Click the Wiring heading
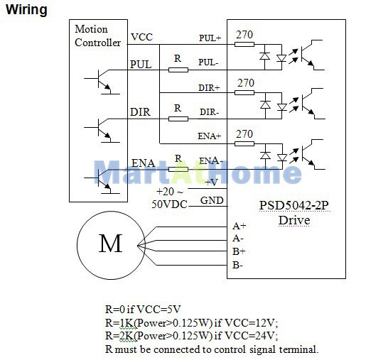(26, 10)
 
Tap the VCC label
(141, 37)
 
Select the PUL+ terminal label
(210, 38)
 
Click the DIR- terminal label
(209, 112)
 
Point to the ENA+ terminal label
(210, 136)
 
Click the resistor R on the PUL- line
(178, 70)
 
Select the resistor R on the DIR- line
(178, 119)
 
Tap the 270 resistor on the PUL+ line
(244, 44)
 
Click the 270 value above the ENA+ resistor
(244, 134)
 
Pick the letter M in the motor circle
(110, 243)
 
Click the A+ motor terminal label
(239, 226)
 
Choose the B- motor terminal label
(237, 265)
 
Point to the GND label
(212, 200)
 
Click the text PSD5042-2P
(294, 205)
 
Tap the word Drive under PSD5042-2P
(294, 220)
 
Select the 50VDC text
(169, 204)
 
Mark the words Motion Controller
(97, 36)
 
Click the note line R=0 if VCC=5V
(143, 309)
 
